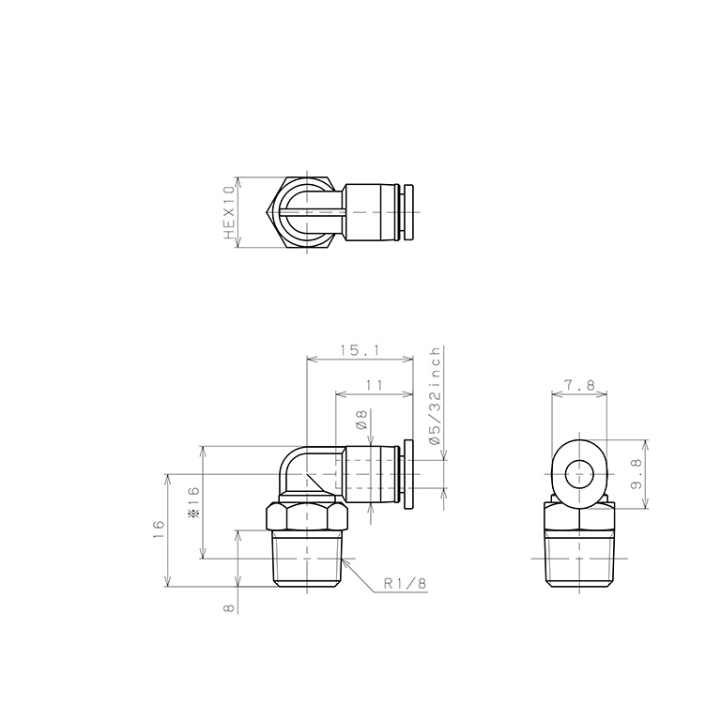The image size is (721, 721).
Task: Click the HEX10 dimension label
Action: (x=229, y=213)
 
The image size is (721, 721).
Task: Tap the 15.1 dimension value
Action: (x=360, y=351)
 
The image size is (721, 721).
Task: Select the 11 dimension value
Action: (x=375, y=385)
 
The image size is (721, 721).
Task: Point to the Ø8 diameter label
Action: (x=361, y=420)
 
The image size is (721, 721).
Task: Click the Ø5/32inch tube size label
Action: (x=435, y=395)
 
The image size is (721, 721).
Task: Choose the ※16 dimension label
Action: (x=194, y=502)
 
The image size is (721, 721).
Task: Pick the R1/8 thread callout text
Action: (x=406, y=584)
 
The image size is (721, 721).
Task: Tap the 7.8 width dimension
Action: (x=580, y=385)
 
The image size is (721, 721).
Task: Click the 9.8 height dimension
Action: (x=637, y=474)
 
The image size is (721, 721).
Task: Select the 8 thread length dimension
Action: (x=228, y=608)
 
